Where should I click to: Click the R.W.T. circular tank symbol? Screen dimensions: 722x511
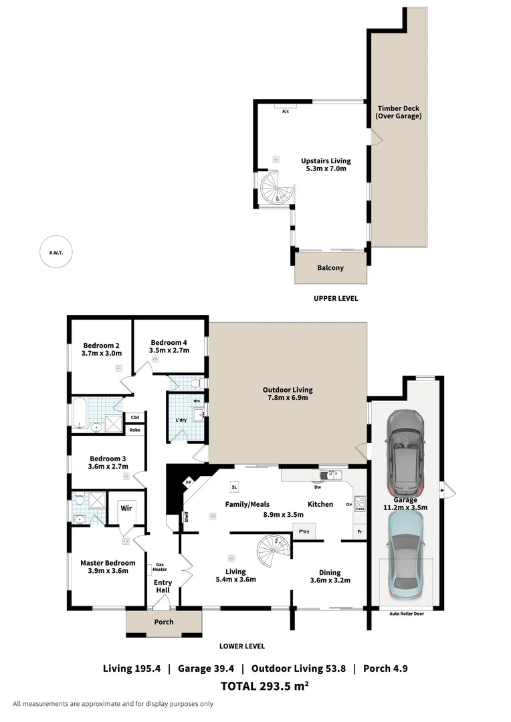tap(56, 253)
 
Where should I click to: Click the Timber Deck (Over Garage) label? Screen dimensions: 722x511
tap(399, 112)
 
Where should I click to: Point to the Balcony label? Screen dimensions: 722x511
tap(330, 268)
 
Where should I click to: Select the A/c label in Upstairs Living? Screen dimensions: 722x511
tap(286, 111)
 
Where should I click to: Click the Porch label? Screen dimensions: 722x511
tap(164, 622)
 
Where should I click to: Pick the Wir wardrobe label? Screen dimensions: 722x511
tap(126, 508)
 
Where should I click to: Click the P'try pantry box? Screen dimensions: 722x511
tap(305, 531)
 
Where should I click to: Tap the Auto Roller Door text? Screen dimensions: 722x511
tap(406, 613)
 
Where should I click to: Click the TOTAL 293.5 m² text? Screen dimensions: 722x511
tap(264, 685)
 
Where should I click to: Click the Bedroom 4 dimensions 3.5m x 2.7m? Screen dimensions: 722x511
tap(169, 350)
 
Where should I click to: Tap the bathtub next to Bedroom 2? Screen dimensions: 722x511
tap(79, 412)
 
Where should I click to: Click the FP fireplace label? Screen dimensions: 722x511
tap(189, 481)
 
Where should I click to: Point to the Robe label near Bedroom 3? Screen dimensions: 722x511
tap(134, 430)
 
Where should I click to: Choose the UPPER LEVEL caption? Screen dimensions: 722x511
tap(336, 298)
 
